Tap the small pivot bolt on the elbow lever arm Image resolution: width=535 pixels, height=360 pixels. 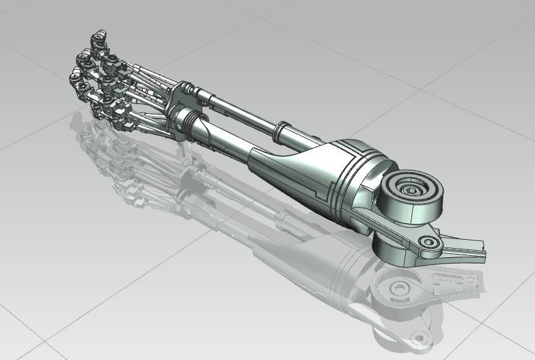tap(426, 242)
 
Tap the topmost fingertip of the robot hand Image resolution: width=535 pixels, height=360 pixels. tap(98, 42)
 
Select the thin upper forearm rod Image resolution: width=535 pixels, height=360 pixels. tap(244, 116)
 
